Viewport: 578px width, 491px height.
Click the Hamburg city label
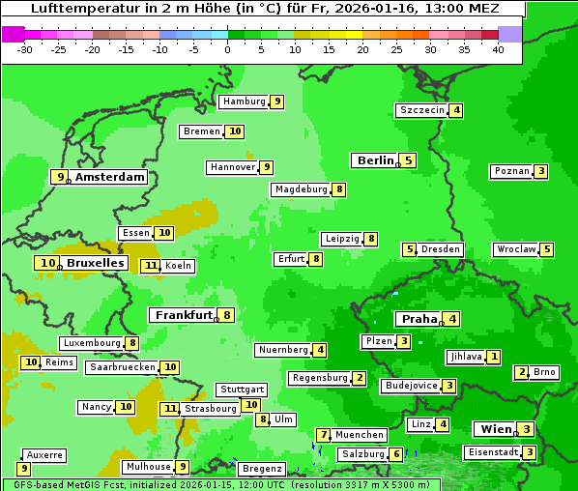pos(243,101)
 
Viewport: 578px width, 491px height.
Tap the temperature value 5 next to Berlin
pos(409,160)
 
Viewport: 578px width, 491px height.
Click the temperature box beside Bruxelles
pos(47,263)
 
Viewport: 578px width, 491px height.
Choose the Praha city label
pos(419,319)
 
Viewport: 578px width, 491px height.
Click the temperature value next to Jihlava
pos(494,357)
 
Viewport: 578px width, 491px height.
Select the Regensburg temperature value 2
pos(359,378)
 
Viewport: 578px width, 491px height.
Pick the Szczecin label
pos(421,110)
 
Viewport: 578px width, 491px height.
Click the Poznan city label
pos(511,172)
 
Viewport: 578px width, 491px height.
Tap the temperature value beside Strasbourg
pos(170,409)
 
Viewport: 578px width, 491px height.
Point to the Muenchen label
pos(360,435)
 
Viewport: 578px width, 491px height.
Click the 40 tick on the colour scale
pos(497,49)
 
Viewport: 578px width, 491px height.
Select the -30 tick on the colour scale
pos(25,49)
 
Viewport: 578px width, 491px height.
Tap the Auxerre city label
pos(44,454)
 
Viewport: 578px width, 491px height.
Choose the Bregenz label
pos(262,469)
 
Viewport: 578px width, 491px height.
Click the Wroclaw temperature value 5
pos(547,249)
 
